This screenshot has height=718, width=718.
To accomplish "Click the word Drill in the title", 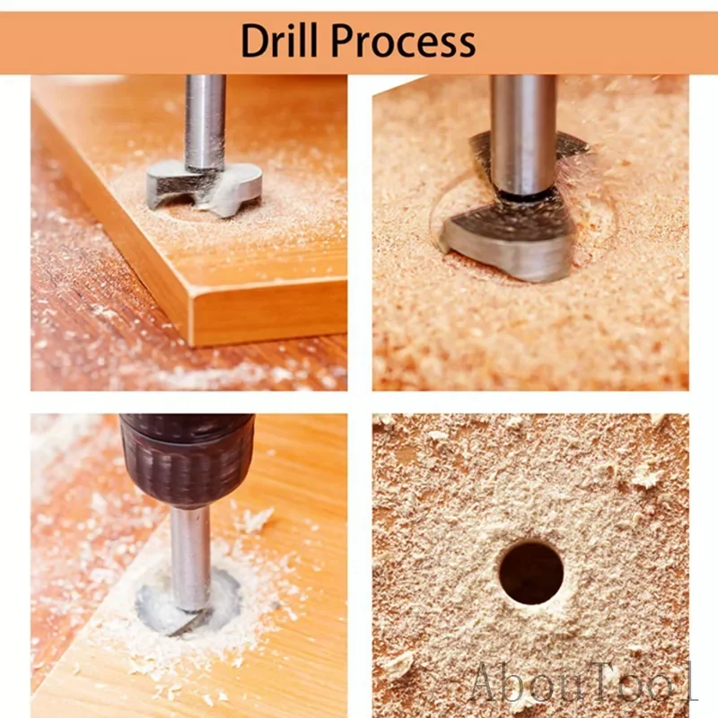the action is click(x=278, y=40).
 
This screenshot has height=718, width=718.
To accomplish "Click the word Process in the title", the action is click(x=403, y=40).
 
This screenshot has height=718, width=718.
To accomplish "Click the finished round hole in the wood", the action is click(x=531, y=573).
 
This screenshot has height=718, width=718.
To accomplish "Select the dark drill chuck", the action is click(x=187, y=459).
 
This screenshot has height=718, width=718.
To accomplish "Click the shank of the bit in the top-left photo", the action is click(x=205, y=122).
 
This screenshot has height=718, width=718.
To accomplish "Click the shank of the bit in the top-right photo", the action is click(x=523, y=136).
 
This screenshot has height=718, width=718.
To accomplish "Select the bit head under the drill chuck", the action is click(x=187, y=603).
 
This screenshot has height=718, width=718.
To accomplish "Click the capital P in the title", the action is click(x=344, y=40).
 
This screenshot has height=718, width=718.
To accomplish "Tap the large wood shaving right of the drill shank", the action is click(x=257, y=521).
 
